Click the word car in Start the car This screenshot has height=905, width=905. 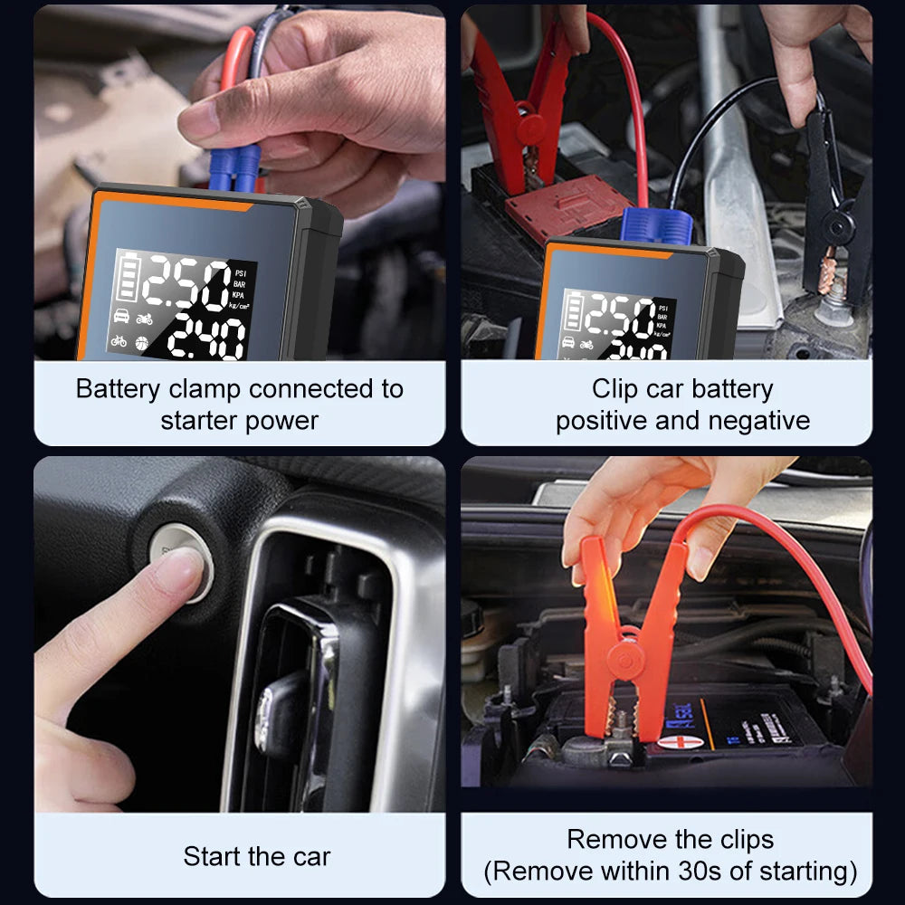309,856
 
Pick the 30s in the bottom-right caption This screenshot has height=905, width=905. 708,872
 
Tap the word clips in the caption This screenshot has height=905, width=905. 740,839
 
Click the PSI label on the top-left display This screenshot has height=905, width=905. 240,271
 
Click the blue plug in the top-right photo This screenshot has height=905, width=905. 656,224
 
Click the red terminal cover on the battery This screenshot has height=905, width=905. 567,206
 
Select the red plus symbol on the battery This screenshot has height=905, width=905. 675,742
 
